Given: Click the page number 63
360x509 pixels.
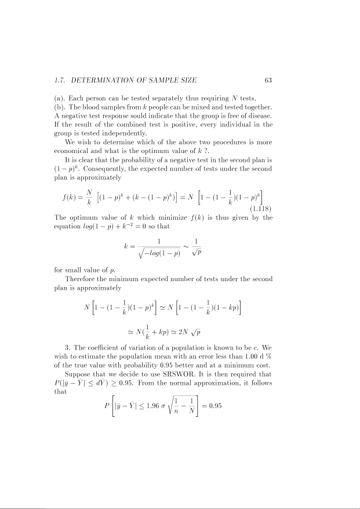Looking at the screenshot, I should (268, 80).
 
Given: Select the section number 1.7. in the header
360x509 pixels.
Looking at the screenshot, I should (61, 80).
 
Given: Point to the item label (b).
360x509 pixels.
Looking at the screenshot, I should (59, 105).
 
